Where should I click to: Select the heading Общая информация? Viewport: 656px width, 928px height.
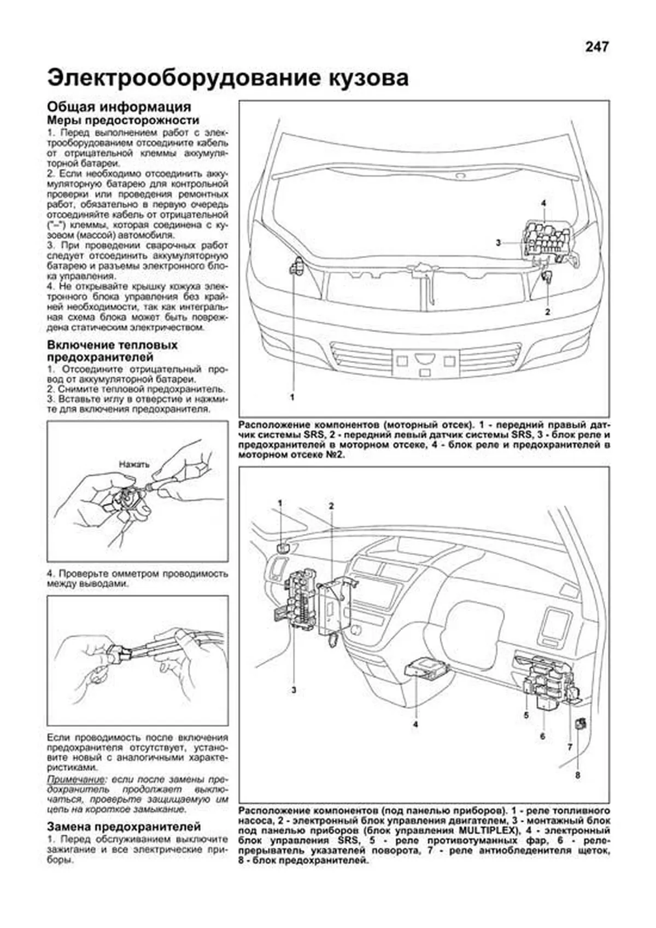tap(119, 107)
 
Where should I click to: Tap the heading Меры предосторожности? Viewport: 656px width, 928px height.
tap(123, 120)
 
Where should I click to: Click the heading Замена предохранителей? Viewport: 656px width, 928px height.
tap(124, 827)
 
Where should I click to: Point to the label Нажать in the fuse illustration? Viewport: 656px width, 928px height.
tap(134, 464)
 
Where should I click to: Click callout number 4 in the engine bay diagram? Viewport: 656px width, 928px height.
tap(543, 203)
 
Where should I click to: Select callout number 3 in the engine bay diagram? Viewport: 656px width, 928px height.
tap(498, 242)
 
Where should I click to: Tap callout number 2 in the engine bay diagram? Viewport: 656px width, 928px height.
tap(547, 312)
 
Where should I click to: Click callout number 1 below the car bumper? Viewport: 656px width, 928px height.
tap(292, 398)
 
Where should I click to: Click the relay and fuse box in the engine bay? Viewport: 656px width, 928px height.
tap(547, 239)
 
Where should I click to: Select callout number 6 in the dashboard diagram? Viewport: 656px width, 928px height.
tap(542, 736)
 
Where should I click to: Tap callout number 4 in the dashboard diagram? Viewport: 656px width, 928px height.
tap(415, 724)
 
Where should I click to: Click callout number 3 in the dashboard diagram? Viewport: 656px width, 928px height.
tap(294, 690)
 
